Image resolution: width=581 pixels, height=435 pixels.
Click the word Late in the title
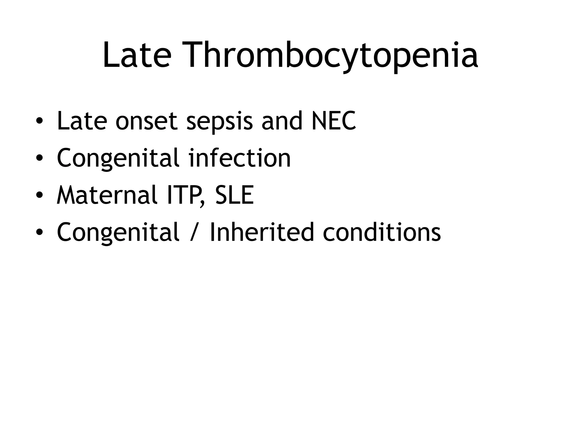point(137,55)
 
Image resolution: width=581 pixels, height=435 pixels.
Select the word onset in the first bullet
point(146,121)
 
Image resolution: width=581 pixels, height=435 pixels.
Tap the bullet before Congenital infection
point(39,158)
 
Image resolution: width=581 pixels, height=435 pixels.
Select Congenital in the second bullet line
point(118,159)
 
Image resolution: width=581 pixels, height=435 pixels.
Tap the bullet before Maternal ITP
point(39,195)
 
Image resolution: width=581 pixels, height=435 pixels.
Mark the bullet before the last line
point(39,232)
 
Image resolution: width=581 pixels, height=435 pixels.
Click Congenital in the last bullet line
point(118,233)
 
